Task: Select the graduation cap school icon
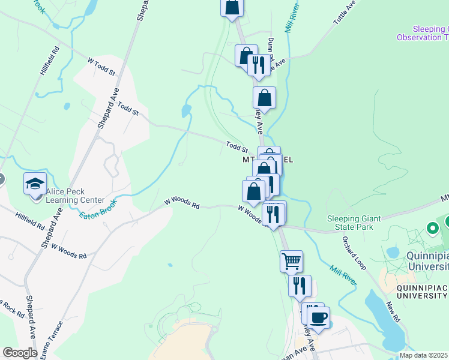(x=35, y=183)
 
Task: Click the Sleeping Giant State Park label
(x=358, y=223)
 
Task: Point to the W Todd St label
(x=101, y=67)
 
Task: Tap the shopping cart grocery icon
(x=291, y=260)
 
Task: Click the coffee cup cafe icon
(x=318, y=316)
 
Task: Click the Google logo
(x=20, y=353)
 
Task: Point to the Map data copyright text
(x=424, y=355)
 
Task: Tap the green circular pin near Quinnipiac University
(x=432, y=228)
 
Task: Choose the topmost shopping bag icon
(x=232, y=7)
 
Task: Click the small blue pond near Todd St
(x=186, y=111)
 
